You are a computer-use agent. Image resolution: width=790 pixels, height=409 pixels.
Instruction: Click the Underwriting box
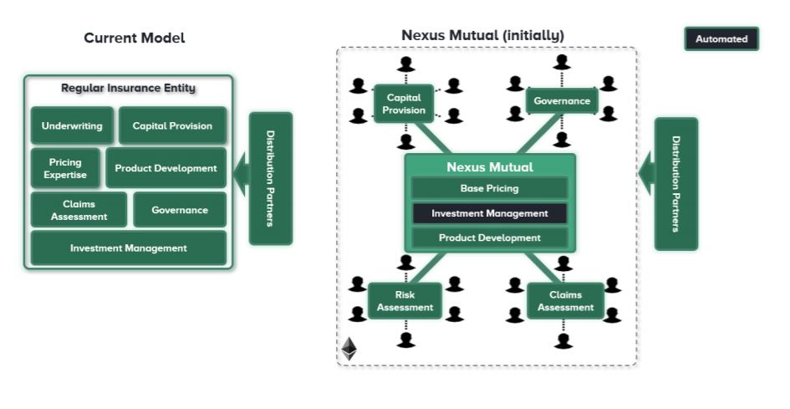coord(72,126)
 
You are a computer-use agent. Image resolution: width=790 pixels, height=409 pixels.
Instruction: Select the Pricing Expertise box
coord(66,168)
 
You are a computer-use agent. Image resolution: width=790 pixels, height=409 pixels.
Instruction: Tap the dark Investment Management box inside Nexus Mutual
coord(490,213)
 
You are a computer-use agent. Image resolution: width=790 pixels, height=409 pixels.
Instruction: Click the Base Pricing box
coord(490,188)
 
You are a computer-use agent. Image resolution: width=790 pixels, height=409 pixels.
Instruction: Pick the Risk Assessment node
coord(405,301)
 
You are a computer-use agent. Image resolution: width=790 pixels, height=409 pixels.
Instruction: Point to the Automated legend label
coord(721,39)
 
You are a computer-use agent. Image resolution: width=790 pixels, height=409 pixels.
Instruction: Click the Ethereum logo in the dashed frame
coord(349,349)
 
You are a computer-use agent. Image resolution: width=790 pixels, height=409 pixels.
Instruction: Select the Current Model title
coord(135,38)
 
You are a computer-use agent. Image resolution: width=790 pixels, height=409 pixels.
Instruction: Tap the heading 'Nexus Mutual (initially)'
coord(482,35)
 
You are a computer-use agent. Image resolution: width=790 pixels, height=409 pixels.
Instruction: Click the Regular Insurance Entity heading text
coord(129,88)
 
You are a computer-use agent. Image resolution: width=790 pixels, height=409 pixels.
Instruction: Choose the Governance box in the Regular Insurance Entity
coord(180,210)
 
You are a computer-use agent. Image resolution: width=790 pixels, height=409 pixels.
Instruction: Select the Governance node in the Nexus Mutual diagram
coord(562,101)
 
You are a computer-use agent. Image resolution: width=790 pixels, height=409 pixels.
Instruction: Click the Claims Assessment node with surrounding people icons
coord(565,301)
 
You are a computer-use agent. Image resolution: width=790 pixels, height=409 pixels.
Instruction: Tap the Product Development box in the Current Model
coord(166,168)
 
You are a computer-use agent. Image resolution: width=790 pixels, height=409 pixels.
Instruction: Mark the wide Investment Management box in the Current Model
coord(129,248)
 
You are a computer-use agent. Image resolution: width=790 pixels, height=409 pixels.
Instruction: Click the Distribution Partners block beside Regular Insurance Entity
coord(271,178)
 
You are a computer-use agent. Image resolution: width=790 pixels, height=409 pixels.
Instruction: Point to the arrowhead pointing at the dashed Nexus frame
coord(645,173)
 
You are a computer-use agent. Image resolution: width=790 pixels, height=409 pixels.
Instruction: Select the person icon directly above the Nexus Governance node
coord(563,62)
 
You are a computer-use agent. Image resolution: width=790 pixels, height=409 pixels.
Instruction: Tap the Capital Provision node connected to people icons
coord(404,104)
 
